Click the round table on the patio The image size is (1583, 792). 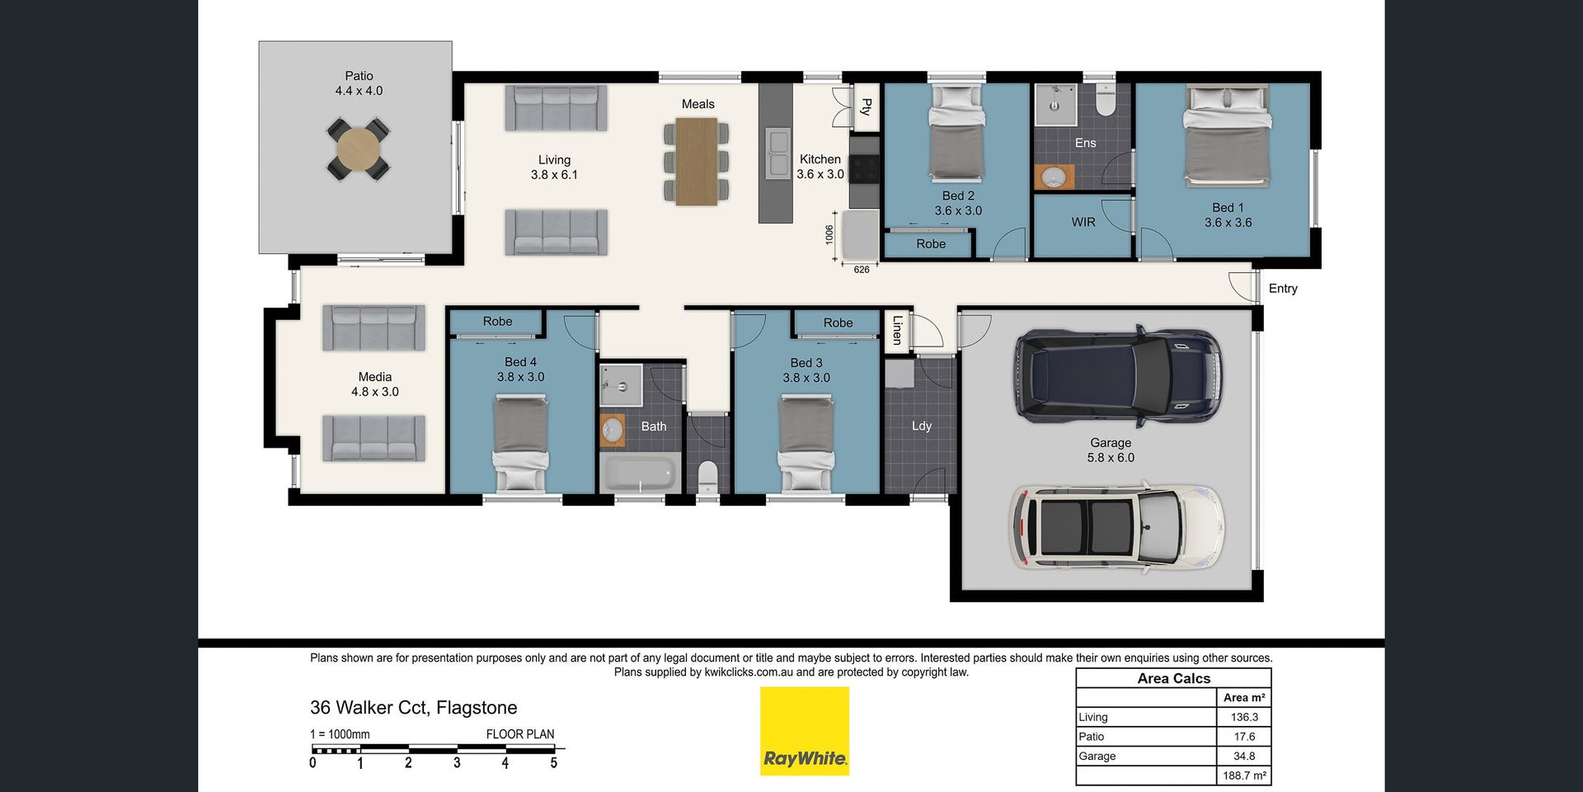click(359, 149)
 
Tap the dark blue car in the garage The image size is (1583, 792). click(1119, 376)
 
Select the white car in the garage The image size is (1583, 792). click(1117, 528)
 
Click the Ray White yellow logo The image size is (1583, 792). click(805, 732)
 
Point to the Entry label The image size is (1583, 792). click(1283, 289)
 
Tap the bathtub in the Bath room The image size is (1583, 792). click(640, 474)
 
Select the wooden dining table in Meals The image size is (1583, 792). click(697, 162)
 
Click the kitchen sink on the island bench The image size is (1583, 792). click(777, 153)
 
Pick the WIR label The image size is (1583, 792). click(1083, 222)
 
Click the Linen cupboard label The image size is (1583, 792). click(897, 329)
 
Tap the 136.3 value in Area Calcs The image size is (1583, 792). click(1244, 718)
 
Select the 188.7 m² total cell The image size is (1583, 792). click(1244, 775)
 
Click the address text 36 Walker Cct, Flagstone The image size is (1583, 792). click(414, 708)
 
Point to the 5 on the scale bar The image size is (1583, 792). click(554, 763)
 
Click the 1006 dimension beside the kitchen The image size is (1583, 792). click(829, 235)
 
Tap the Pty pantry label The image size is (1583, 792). click(866, 106)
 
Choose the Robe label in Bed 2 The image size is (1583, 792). click(931, 244)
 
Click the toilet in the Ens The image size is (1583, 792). click(1105, 100)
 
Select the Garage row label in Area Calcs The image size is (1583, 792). click(1097, 757)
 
